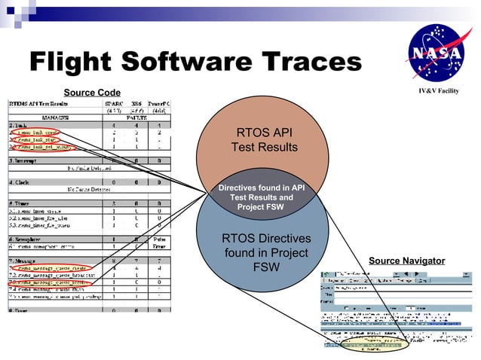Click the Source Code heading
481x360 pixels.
coord(92,92)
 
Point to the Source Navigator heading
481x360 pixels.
coord(406,261)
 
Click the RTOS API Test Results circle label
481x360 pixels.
coord(264,140)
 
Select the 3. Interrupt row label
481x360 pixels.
coord(27,160)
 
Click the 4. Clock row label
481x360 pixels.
coord(23,182)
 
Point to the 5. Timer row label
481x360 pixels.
coord(23,203)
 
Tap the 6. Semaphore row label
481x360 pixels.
coord(29,238)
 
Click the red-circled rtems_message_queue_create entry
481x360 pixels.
coord(51,267)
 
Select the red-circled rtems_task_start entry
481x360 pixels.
coord(37,139)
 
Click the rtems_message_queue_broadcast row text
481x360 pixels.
coord(53,275)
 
